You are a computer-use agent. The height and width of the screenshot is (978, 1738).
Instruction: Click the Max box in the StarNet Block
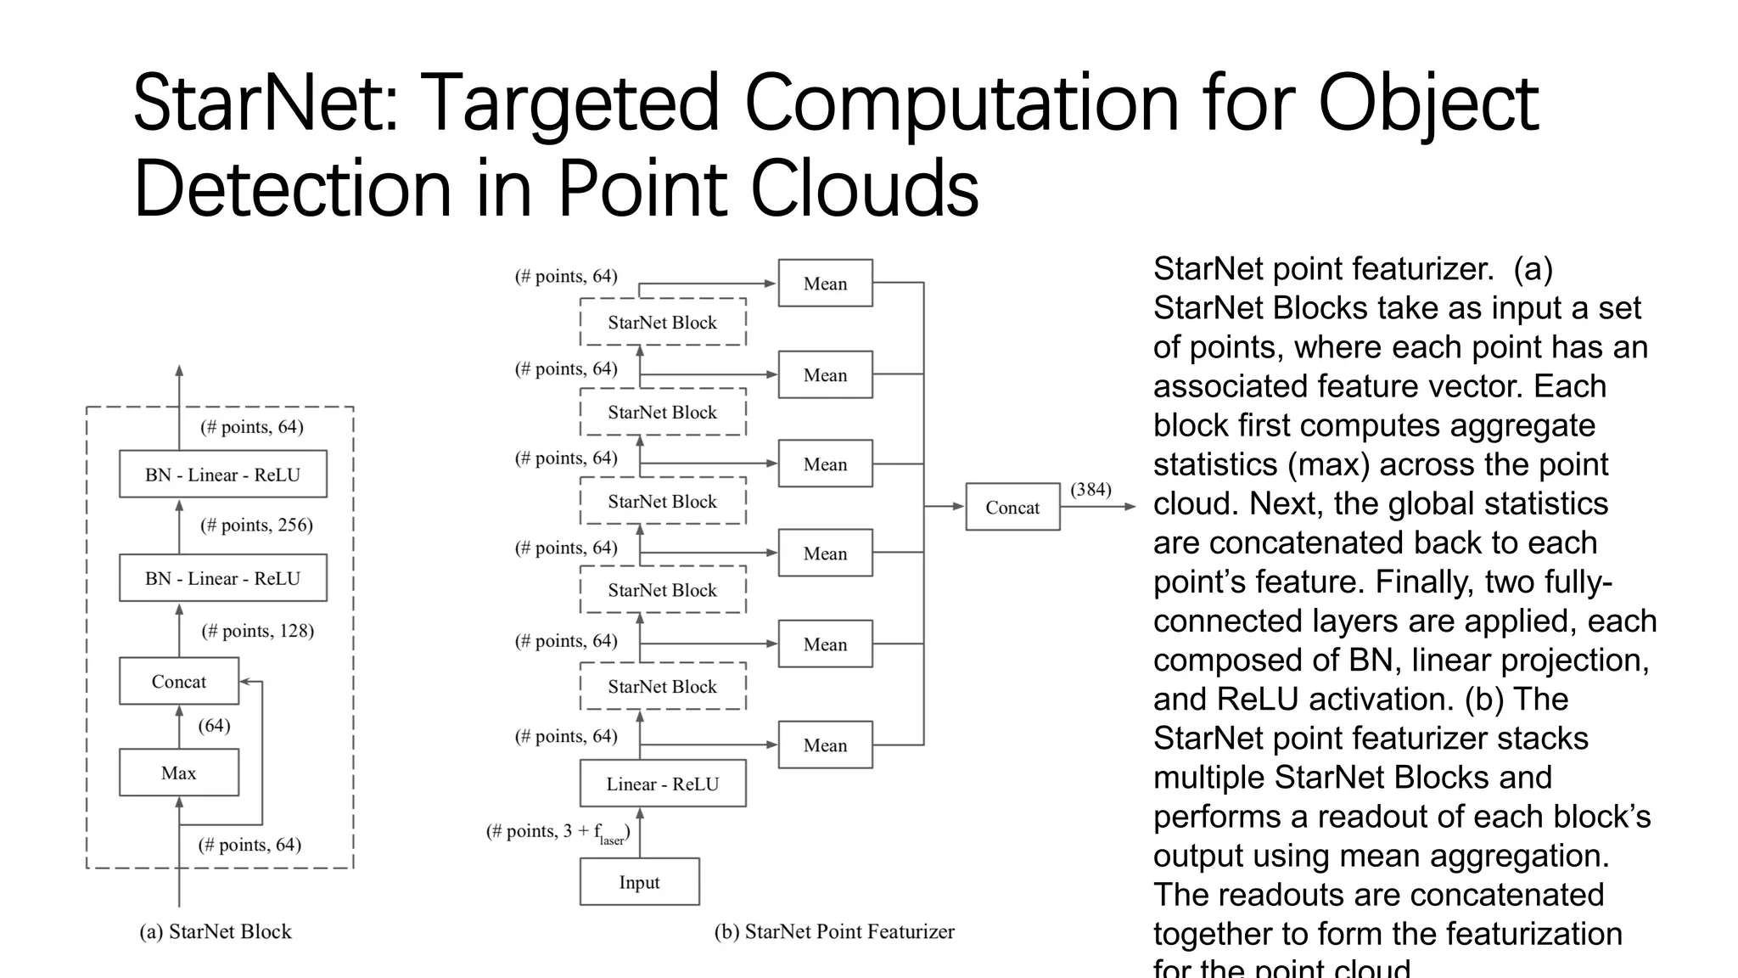tap(178, 773)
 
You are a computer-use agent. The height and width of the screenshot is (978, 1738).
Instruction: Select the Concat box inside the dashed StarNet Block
tap(178, 682)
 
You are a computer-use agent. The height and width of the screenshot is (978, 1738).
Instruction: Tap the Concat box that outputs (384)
tap(1012, 508)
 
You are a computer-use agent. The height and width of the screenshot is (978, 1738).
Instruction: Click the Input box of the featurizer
tap(639, 882)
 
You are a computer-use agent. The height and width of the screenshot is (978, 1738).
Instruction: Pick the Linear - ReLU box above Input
tap(662, 784)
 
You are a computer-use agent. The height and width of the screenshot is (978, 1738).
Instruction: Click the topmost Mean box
tap(825, 284)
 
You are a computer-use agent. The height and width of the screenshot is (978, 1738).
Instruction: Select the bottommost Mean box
tap(825, 745)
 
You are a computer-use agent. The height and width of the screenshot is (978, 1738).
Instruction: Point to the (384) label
tap(1090, 490)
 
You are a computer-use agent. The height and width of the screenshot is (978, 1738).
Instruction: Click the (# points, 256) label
tap(256, 526)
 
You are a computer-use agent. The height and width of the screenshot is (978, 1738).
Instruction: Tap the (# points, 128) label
tap(257, 631)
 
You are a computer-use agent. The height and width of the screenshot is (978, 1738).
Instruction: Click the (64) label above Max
tap(214, 726)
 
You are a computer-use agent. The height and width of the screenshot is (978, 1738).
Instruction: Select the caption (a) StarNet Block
tap(216, 932)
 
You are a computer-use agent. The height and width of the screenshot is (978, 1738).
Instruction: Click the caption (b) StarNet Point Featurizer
tap(834, 932)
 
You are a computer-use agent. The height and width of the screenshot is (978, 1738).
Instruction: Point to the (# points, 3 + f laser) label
tap(558, 833)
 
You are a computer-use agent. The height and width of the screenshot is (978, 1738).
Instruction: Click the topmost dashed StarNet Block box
tap(662, 323)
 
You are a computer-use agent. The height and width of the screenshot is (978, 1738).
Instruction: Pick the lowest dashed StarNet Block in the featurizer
tap(662, 687)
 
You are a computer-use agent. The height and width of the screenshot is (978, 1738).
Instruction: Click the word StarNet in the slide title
tap(264, 104)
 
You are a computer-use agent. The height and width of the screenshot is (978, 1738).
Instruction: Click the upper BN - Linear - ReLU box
tap(222, 475)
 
